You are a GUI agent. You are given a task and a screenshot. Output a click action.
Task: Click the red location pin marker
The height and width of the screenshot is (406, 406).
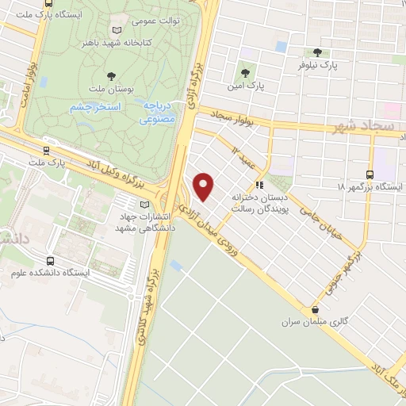[205, 186]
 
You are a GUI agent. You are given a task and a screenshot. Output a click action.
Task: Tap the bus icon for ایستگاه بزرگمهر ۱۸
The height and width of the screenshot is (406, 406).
[370, 174]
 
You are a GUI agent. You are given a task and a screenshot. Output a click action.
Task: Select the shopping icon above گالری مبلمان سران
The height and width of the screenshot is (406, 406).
[316, 310]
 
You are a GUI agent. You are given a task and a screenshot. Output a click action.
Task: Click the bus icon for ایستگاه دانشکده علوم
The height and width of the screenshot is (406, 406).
[51, 260]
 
